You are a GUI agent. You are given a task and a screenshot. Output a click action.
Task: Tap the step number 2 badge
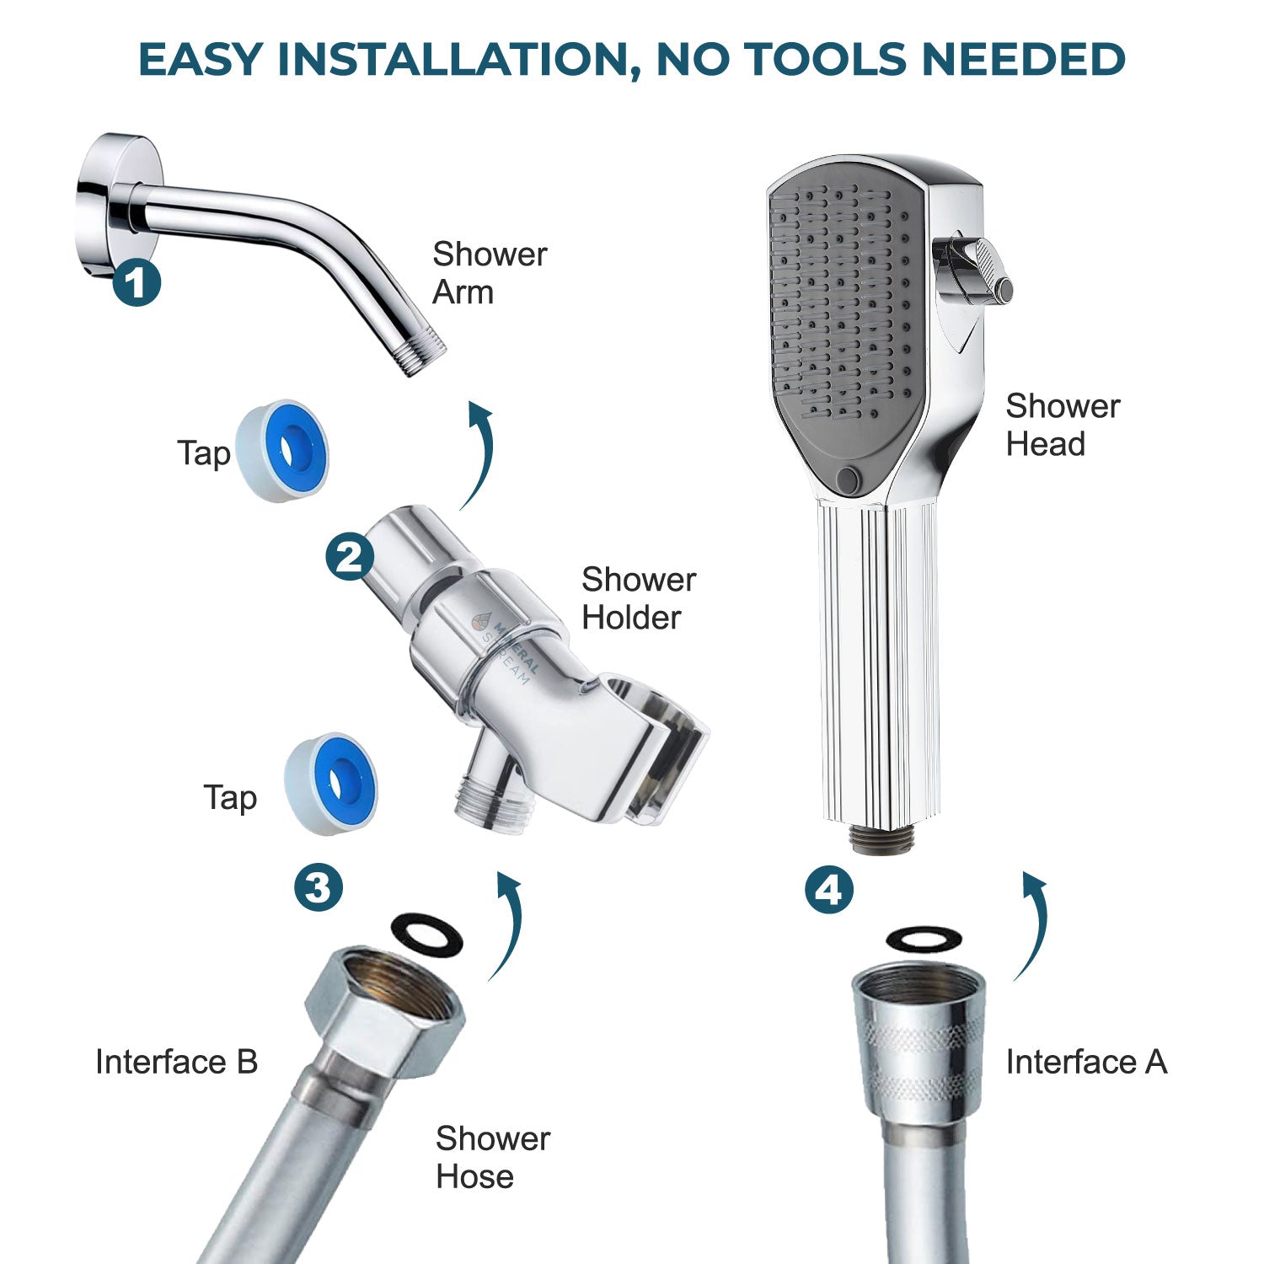(x=350, y=557)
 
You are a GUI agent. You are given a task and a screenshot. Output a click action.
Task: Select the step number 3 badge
(x=318, y=886)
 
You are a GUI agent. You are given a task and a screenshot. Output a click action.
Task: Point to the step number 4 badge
(x=829, y=890)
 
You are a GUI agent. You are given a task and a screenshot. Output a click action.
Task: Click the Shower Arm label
(x=489, y=273)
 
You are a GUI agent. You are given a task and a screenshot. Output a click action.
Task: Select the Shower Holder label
(x=638, y=598)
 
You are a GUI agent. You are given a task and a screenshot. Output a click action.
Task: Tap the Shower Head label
(x=1062, y=425)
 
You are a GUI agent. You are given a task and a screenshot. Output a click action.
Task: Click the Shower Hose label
(x=492, y=1157)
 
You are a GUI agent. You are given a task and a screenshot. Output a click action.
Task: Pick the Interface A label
(x=1086, y=1062)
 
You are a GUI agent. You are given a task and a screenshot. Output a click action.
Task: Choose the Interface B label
(x=176, y=1062)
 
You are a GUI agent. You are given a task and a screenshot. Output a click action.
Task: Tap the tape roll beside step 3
(x=331, y=784)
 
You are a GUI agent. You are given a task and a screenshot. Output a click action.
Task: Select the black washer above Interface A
(x=925, y=938)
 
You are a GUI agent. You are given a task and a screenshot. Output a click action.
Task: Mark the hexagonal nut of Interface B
(x=383, y=1007)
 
